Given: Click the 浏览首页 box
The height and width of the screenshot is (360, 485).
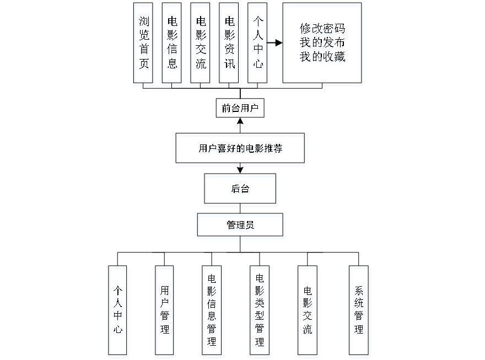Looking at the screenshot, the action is [143, 45].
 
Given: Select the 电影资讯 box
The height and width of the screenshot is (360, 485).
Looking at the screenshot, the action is [230, 45].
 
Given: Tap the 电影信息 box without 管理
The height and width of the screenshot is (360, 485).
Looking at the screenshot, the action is [173, 45].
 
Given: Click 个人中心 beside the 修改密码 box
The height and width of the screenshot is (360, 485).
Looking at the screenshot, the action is [258, 45].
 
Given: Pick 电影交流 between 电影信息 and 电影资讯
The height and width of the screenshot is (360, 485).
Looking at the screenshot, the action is [201, 45].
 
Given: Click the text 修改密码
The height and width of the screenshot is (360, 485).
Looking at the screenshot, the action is [323, 29].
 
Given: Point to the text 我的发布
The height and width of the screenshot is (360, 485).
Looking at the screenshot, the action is [323, 43].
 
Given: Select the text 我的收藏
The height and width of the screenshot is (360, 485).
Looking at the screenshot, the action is [323, 57].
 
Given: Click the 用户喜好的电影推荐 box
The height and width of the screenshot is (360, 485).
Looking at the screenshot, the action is [240, 149].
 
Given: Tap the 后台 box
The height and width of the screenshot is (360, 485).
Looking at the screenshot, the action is [240, 191].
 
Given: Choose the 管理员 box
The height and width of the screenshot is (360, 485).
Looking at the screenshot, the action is [240, 227].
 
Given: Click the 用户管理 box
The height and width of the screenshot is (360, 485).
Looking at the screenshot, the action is [165, 311].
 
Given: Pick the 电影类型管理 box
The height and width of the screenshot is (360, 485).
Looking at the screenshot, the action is [260, 311].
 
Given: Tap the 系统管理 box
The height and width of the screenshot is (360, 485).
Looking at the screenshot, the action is [359, 311].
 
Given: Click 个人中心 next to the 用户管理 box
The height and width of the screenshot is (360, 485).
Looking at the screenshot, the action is [118, 311].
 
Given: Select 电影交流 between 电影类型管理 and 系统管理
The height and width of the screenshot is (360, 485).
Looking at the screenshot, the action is [308, 311].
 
